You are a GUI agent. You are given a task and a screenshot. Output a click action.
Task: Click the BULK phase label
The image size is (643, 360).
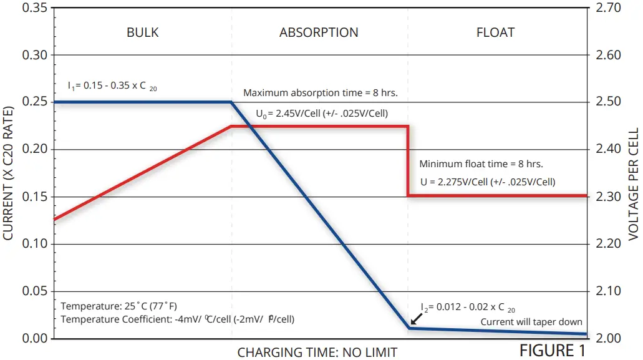143,32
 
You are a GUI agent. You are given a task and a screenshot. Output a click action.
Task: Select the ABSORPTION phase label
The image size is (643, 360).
319,32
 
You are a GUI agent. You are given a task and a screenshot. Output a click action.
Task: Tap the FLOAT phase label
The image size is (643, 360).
495,32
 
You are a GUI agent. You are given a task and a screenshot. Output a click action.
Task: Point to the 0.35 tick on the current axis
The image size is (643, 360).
35,8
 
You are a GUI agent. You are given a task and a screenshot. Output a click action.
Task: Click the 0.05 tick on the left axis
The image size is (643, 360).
35,291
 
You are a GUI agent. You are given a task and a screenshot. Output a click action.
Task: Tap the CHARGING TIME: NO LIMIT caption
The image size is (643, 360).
317,353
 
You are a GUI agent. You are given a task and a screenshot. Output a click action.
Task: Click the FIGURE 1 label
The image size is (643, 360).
553,351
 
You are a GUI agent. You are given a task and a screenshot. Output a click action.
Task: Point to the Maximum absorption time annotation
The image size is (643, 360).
321,93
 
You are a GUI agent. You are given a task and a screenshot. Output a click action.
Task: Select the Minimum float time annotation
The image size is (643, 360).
481,165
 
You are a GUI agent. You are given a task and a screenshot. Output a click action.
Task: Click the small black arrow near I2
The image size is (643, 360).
415,319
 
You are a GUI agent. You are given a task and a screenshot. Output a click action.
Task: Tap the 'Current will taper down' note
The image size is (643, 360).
531,322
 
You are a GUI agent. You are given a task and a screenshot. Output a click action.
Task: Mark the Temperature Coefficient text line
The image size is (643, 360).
178,319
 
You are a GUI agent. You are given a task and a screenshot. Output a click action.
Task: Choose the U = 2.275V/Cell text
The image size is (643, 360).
487,182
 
